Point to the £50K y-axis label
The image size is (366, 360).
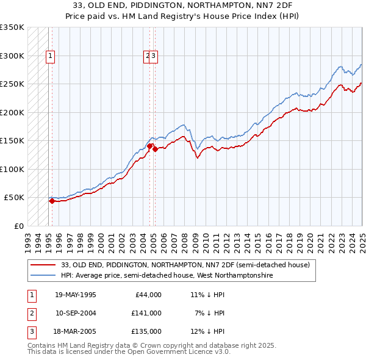(13, 198)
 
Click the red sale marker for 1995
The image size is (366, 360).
(52, 200)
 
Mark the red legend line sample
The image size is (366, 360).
(43, 265)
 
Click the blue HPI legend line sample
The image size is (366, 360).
(43, 275)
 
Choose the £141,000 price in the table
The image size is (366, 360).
(146, 313)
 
